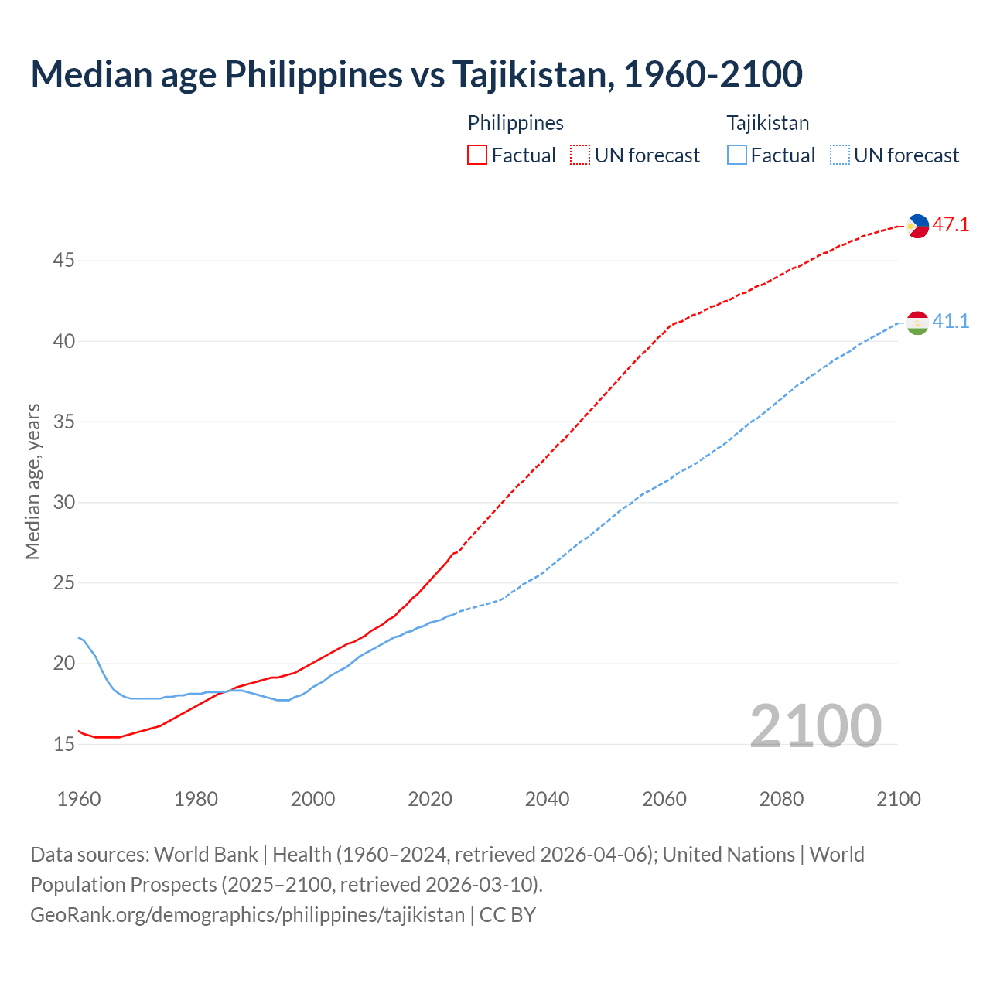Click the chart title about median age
click(x=416, y=74)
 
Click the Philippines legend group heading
click(x=515, y=123)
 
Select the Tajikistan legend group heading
click(x=767, y=123)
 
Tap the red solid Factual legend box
click(x=477, y=155)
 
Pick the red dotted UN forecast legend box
click(x=580, y=155)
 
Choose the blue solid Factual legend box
click(x=737, y=155)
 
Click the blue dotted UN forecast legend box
click(x=839, y=155)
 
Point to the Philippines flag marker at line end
click(x=917, y=226)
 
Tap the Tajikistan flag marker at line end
click(x=917, y=323)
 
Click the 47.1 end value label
click(x=951, y=225)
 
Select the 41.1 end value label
click(x=951, y=322)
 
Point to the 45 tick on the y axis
click(x=63, y=261)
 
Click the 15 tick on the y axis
click(x=63, y=745)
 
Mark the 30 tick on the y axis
click(x=63, y=503)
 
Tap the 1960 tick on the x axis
click(x=79, y=799)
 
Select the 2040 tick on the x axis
click(x=547, y=799)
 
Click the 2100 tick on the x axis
click(x=898, y=799)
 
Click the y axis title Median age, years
click(x=32, y=481)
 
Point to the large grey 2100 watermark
click(x=815, y=726)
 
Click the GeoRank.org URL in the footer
click(x=247, y=915)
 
